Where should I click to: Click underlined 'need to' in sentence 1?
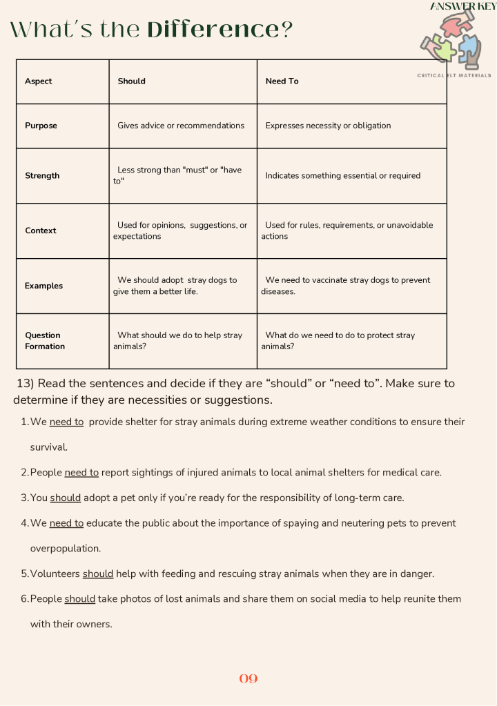point(66,422)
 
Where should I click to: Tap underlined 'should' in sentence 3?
point(66,498)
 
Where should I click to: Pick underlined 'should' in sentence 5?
point(98,573)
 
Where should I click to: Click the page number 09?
point(248,678)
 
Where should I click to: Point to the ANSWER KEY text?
point(463,6)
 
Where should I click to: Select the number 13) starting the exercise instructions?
point(26,384)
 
